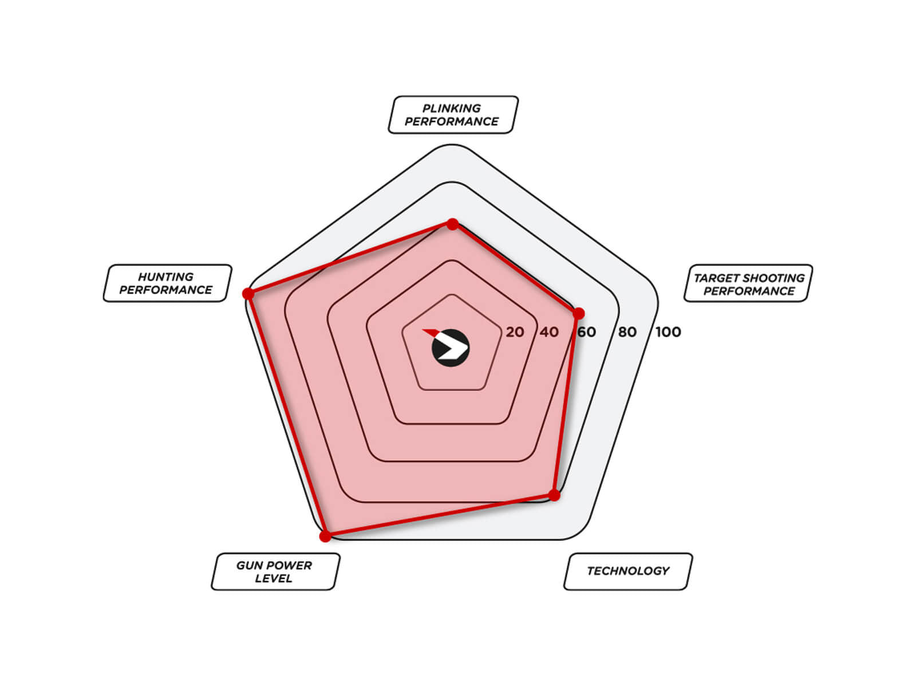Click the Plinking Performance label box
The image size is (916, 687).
click(x=453, y=114)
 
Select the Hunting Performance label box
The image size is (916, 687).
click(x=167, y=283)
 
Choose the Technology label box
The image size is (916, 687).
click(x=628, y=571)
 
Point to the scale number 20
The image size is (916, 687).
click(x=515, y=332)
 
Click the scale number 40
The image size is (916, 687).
click(x=549, y=332)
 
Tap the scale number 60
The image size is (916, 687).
click(x=586, y=332)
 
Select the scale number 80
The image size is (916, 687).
click(x=627, y=332)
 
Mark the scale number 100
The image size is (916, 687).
click(x=668, y=332)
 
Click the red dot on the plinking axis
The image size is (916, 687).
click(x=452, y=224)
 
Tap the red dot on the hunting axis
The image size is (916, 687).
click(x=248, y=293)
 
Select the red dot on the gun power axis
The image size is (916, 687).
click(x=325, y=536)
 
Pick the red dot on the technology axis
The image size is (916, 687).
click(x=554, y=495)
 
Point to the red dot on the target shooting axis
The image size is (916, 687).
click(x=578, y=314)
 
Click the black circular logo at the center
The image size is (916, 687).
click(x=451, y=348)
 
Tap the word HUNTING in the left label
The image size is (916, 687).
click(x=166, y=277)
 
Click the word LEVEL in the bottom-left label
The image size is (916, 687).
click(x=274, y=578)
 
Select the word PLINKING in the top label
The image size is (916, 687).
click(x=452, y=108)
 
